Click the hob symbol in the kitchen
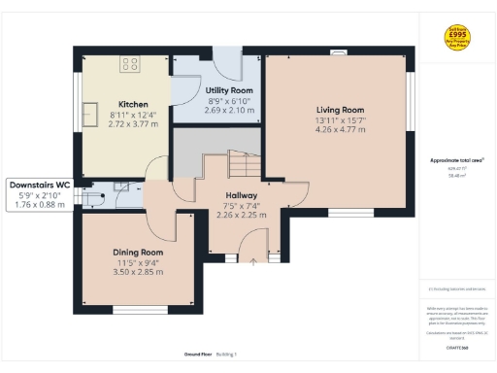click(x=130, y=64)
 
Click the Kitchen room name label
click(x=133, y=105)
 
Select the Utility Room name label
click(x=229, y=89)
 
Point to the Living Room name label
click(x=339, y=109)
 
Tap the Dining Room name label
click(x=138, y=252)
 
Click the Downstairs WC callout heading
click(x=39, y=184)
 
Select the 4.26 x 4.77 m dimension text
click(x=339, y=128)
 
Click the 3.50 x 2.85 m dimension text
click(x=138, y=271)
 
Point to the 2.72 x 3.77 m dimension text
click(x=133, y=124)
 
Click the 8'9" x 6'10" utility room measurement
click(x=229, y=100)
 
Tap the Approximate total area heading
click(x=456, y=160)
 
